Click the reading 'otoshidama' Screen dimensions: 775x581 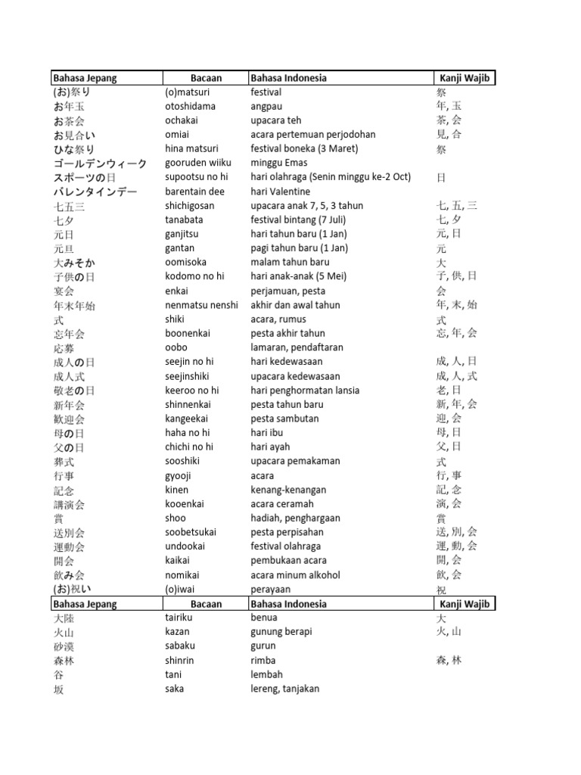click(x=190, y=106)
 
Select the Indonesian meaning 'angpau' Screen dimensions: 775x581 click(x=267, y=106)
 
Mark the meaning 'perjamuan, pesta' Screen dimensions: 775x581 click(x=284, y=291)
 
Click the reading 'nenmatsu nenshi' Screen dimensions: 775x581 click(x=200, y=305)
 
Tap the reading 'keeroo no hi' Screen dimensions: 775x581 click(x=192, y=391)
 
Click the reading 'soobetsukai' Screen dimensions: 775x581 click(x=191, y=532)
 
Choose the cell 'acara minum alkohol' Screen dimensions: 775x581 click(x=295, y=575)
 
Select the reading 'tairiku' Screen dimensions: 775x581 click(x=179, y=618)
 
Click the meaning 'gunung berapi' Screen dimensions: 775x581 click(x=281, y=631)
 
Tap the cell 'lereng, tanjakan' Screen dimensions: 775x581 click(x=285, y=689)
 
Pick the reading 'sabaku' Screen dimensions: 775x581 click(x=179, y=646)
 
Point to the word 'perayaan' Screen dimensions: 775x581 click(x=271, y=589)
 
